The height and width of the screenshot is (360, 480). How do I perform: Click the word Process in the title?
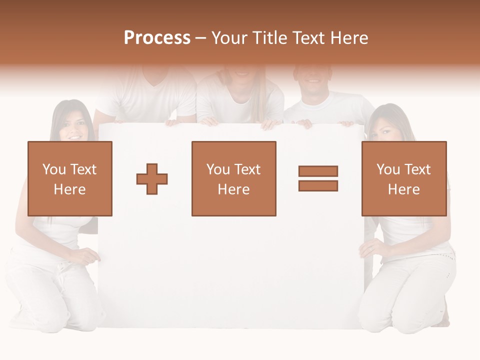157,38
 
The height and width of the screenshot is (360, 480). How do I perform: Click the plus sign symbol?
152,179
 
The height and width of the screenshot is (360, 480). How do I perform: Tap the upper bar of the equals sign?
318,171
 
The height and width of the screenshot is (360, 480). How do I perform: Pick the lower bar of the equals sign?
318,185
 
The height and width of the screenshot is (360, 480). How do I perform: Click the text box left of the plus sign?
69,178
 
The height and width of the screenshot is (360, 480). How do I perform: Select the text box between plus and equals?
233,178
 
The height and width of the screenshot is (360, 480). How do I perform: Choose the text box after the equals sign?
403,178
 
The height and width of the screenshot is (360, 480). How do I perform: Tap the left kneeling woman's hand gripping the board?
90,256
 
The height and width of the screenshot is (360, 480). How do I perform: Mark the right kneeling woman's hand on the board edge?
368,248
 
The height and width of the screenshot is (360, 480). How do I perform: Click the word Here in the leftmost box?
69,189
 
